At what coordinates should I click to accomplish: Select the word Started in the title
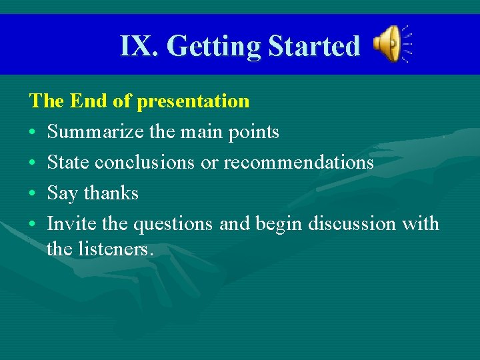click(x=313, y=46)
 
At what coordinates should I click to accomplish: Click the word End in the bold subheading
click(x=89, y=101)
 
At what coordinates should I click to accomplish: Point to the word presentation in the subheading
click(x=193, y=101)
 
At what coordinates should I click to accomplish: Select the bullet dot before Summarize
click(x=33, y=133)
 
